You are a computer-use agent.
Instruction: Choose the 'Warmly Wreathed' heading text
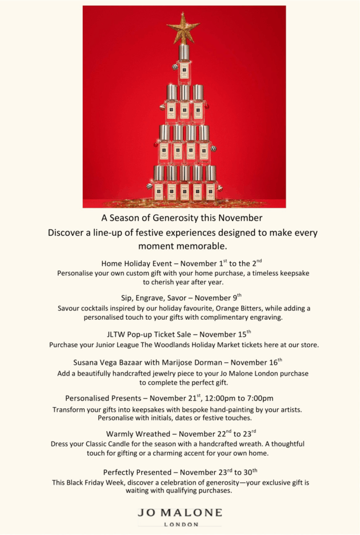pyautogui.click(x=136, y=435)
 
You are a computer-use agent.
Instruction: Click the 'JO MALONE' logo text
pyautogui.click(x=180, y=512)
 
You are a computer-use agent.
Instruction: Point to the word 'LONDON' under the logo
pyautogui.click(x=181, y=524)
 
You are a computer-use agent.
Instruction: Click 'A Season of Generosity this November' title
pyautogui.click(x=182, y=218)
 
